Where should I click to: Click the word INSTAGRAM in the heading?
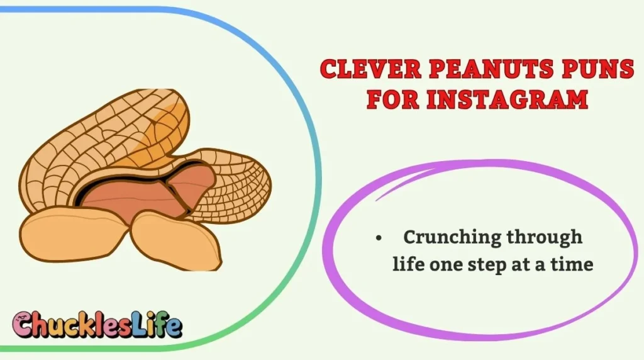click(507, 99)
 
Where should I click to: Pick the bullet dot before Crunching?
click(378, 239)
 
